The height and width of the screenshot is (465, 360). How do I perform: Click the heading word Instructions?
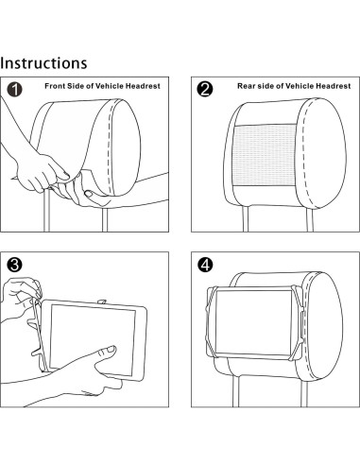tap(43, 62)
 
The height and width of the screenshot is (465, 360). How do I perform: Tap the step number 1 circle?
tap(14, 90)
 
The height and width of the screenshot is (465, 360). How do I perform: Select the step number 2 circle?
tap(205, 89)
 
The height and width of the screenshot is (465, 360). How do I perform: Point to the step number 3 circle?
tap(14, 265)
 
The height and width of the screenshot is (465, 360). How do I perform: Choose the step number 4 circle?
tap(205, 265)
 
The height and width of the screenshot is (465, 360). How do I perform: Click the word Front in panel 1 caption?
tap(55, 86)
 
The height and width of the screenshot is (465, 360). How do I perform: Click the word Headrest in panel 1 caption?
tap(143, 86)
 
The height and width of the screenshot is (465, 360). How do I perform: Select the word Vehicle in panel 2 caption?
tap(300, 86)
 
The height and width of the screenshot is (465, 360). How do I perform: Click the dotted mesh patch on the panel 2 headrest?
tap(265, 155)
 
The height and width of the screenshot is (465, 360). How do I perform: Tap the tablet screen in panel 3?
tap(93, 339)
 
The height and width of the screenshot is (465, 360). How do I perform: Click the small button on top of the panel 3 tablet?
tap(102, 301)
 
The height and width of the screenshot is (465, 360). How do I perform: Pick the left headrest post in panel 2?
tap(246, 218)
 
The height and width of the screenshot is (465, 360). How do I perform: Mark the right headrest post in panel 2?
tap(310, 219)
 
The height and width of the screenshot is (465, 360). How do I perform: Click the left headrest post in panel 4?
tap(236, 391)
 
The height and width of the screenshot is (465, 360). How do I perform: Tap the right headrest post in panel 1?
tap(105, 219)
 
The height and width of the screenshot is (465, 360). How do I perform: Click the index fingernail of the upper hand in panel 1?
tap(66, 174)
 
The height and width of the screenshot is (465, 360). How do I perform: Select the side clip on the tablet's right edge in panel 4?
tap(302, 324)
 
